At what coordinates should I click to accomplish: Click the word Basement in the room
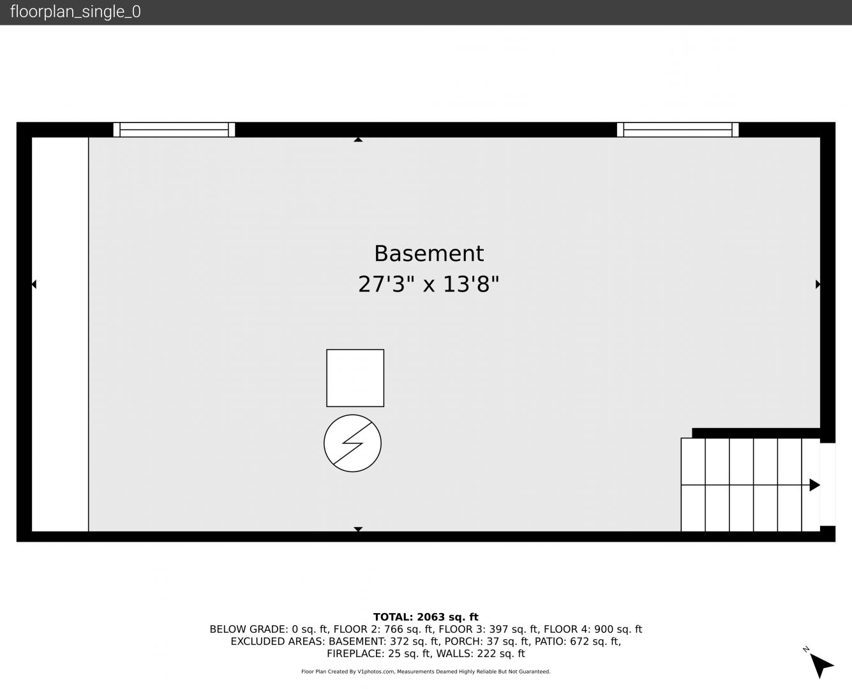pyautogui.click(x=429, y=253)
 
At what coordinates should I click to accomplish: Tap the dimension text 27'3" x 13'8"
pyautogui.click(x=428, y=285)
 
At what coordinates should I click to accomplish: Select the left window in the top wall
pyautogui.click(x=174, y=130)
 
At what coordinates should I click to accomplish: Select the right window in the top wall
pyautogui.click(x=678, y=130)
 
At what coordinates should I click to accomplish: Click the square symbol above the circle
pyautogui.click(x=355, y=378)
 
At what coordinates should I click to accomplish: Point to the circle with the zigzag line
pyautogui.click(x=352, y=443)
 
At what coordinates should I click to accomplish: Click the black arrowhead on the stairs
pyautogui.click(x=815, y=485)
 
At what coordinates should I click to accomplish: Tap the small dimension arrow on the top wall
pyautogui.click(x=358, y=140)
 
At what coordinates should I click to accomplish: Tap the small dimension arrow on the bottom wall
pyautogui.click(x=358, y=529)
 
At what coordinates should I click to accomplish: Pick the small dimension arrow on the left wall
pyautogui.click(x=34, y=285)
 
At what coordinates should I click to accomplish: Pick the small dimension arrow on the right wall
pyautogui.click(x=818, y=285)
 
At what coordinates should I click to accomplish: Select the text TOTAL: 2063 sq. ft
pyautogui.click(x=426, y=617)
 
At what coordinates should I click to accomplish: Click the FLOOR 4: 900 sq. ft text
pyautogui.click(x=593, y=630)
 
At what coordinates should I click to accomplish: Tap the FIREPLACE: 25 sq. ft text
pyautogui.click(x=379, y=654)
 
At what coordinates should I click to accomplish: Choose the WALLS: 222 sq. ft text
pyautogui.click(x=481, y=654)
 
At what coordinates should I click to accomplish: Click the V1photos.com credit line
pyautogui.click(x=426, y=672)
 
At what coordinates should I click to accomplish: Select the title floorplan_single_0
pyautogui.click(x=75, y=12)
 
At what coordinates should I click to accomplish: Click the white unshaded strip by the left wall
pyautogui.click(x=60, y=334)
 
